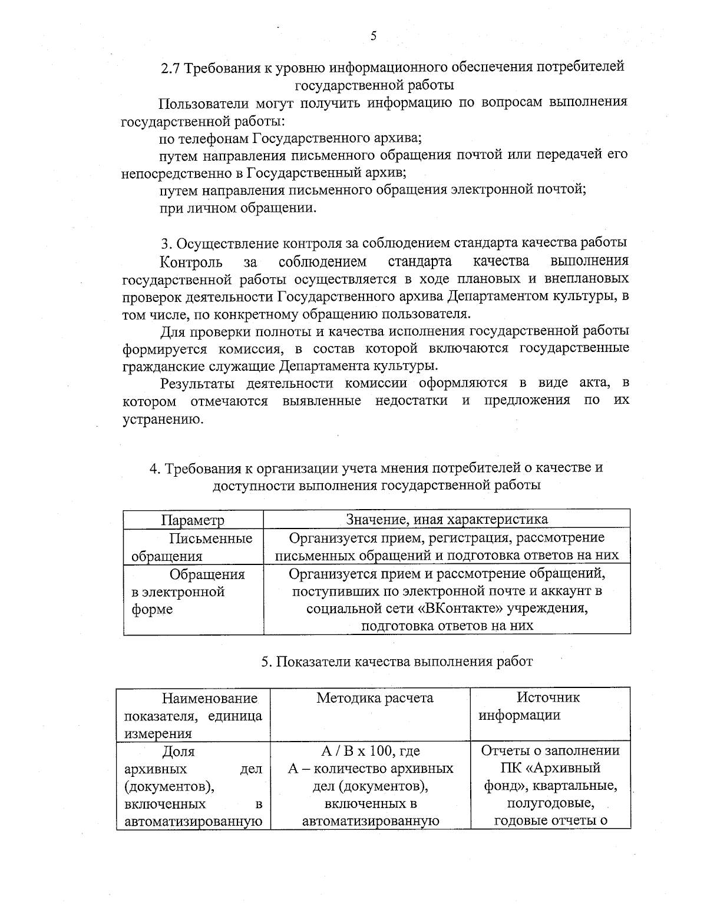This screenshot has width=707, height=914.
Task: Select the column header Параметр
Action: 193,520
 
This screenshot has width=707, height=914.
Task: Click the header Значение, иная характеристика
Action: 447,519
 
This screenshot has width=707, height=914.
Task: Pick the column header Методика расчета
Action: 375,698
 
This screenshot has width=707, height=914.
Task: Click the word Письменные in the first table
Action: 211,538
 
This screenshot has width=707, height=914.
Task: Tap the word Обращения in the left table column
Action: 207,574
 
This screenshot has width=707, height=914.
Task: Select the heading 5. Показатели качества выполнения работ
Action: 397,662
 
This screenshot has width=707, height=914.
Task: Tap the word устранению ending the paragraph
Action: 162,419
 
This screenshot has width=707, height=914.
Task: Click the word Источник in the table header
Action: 548,697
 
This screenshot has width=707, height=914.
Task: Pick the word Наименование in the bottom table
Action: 210,698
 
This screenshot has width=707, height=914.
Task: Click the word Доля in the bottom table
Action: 178,752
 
